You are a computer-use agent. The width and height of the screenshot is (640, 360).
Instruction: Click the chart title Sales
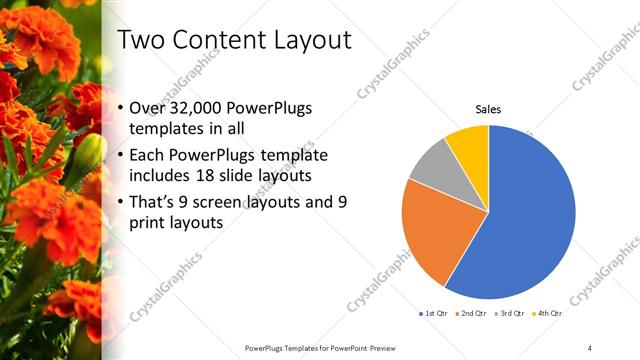tap(488, 109)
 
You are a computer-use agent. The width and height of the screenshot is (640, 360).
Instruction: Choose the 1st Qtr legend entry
tap(433, 313)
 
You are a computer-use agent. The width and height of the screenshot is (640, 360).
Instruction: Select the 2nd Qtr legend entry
tap(471, 313)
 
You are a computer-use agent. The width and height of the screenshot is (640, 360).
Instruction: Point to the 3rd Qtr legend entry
tap(509, 313)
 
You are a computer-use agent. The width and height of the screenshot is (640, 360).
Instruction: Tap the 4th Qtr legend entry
tap(546, 313)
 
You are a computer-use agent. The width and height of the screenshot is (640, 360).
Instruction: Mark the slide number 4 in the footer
tap(590, 347)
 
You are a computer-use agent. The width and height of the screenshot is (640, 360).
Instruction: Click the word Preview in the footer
tap(387, 347)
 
